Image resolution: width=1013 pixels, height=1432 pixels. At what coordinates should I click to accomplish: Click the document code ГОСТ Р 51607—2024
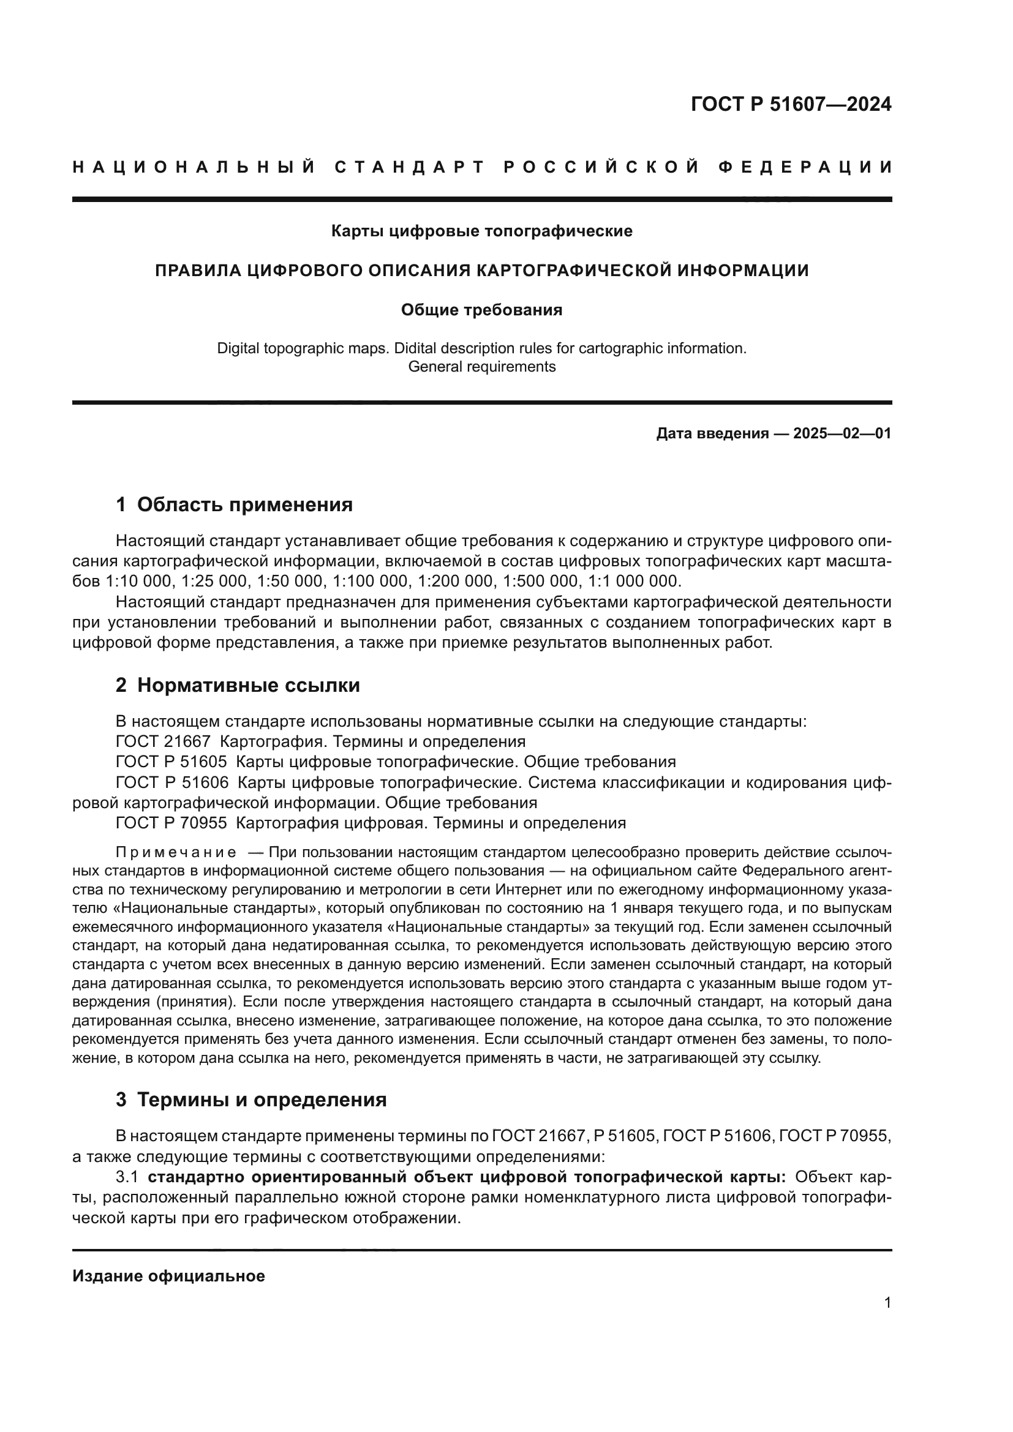click(790, 104)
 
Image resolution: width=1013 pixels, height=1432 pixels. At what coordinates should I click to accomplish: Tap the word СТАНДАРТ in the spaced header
click(410, 167)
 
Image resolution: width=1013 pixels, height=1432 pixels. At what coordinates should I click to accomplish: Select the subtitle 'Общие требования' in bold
click(481, 310)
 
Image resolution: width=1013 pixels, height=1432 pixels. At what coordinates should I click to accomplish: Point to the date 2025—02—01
click(842, 433)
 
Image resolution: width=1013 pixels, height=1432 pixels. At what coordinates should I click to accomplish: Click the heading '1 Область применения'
click(234, 504)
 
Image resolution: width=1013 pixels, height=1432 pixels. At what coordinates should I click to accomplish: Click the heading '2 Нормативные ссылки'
click(238, 686)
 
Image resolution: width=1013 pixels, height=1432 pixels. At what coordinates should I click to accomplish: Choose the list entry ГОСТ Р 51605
click(171, 762)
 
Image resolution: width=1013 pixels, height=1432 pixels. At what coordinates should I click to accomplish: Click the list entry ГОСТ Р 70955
click(171, 823)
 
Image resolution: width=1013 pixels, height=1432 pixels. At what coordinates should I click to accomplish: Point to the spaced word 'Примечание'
click(176, 853)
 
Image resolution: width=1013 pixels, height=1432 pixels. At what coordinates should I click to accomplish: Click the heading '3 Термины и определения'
click(250, 1100)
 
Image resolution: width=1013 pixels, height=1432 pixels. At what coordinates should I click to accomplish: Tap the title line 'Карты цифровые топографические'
click(481, 231)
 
